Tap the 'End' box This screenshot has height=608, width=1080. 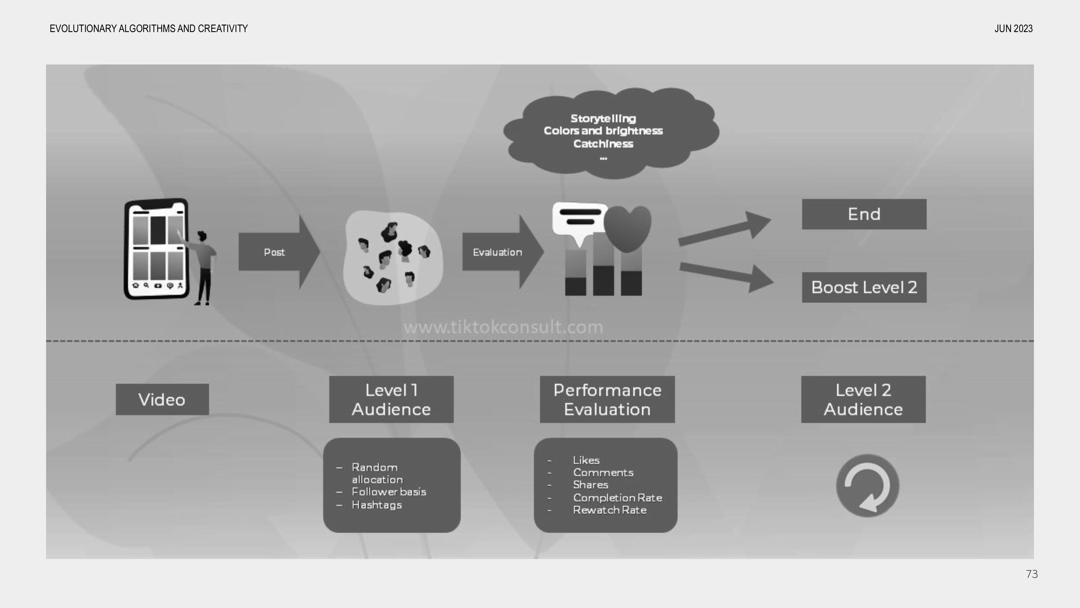864,214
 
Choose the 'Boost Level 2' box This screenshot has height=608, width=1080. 864,287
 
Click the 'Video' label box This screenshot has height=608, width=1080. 162,399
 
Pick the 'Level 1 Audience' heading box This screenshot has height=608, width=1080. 391,399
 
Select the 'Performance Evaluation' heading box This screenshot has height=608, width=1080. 607,399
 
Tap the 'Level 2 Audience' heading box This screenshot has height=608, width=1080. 863,399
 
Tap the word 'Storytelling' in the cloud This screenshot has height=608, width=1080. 603,119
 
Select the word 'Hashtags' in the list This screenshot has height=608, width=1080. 377,505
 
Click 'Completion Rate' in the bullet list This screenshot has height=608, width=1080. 617,498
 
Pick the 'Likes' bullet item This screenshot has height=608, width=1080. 586,460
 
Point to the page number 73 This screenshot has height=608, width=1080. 1032,574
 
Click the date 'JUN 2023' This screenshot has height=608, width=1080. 1013,28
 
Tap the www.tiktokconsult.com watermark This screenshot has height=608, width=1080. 503,327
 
